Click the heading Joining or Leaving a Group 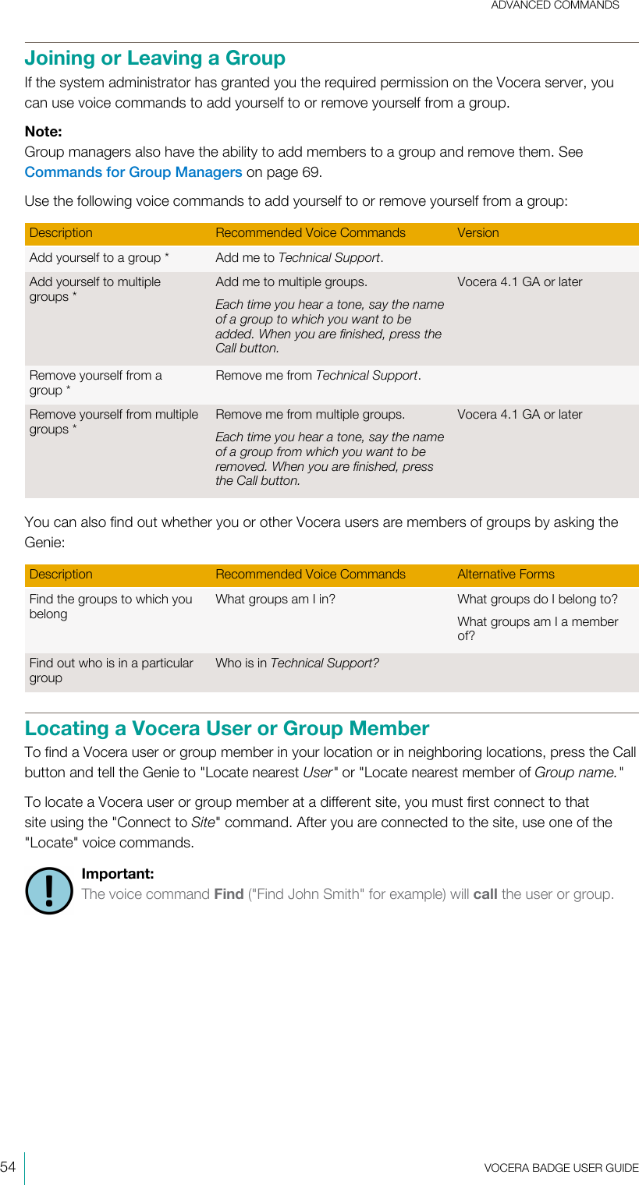(154, 58)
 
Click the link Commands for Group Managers (133, 172)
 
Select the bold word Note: (43, 132)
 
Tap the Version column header (477, 233)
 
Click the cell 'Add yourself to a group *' (99, 258)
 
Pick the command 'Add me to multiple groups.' (291, 282)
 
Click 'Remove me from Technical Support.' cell (318, 376)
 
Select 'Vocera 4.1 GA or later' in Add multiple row (520, 282)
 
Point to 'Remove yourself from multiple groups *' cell (113, 422)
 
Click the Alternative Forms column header (506, 575)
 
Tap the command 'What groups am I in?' (275, 600)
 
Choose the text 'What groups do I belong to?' (537, 600)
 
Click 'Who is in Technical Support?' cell (297, 663)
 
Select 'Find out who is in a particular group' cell (111, 670)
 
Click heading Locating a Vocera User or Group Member (227, 729)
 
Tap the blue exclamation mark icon (48, 890)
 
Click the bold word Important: (117, 874)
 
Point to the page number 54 (9, 1167)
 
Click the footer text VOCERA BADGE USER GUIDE (560, 1168)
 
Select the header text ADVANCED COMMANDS (555, 5)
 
